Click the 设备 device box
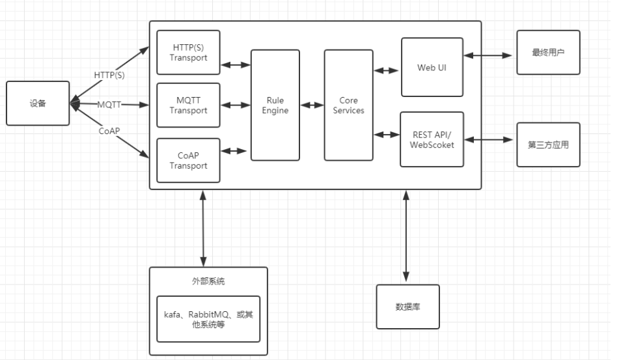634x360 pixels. click(x=38, y=103)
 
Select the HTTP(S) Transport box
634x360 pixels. click(x=188, y=52)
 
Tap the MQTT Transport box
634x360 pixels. click(x=188, y=105)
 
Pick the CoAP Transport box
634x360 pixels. click(x=188, y=160)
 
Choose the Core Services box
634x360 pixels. click(x=348, y=105)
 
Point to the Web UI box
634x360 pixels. click(x=432, y=67)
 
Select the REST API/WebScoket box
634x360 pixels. click(x=432, y=139)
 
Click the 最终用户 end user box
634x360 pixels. click(x=548, y=52)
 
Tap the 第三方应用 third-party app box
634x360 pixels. click(x=548, y=145)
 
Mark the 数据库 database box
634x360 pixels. click(x=407, y=306)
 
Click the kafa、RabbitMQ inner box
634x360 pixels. click(x=208, y=319)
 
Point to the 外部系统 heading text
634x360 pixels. click(x=208, y=281)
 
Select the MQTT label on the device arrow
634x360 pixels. click(x=109, y=104)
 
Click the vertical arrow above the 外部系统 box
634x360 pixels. click(x=204, y=228)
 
